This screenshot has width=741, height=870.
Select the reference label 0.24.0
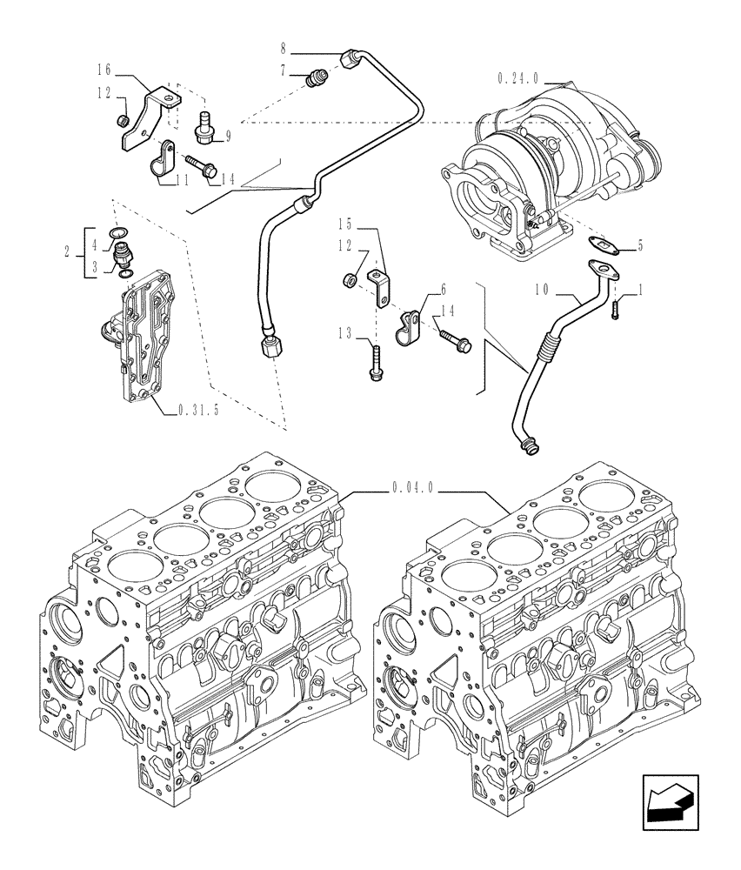click(519, 78)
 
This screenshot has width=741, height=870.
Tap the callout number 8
click(284, 44)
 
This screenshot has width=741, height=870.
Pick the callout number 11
click(182, 180)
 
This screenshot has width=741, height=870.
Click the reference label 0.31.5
click(199, 409)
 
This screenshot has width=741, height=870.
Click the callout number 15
click(346, 223)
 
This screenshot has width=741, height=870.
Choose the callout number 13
click(345, 332)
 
